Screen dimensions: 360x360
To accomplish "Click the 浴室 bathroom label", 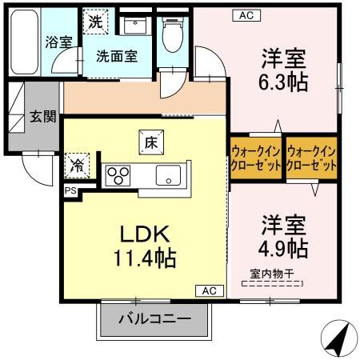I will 59,42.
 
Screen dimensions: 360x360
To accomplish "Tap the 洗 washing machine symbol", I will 95,21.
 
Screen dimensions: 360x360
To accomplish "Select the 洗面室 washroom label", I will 117,57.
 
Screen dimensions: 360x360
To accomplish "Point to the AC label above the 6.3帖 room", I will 245,14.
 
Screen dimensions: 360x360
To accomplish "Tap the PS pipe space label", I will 70,190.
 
